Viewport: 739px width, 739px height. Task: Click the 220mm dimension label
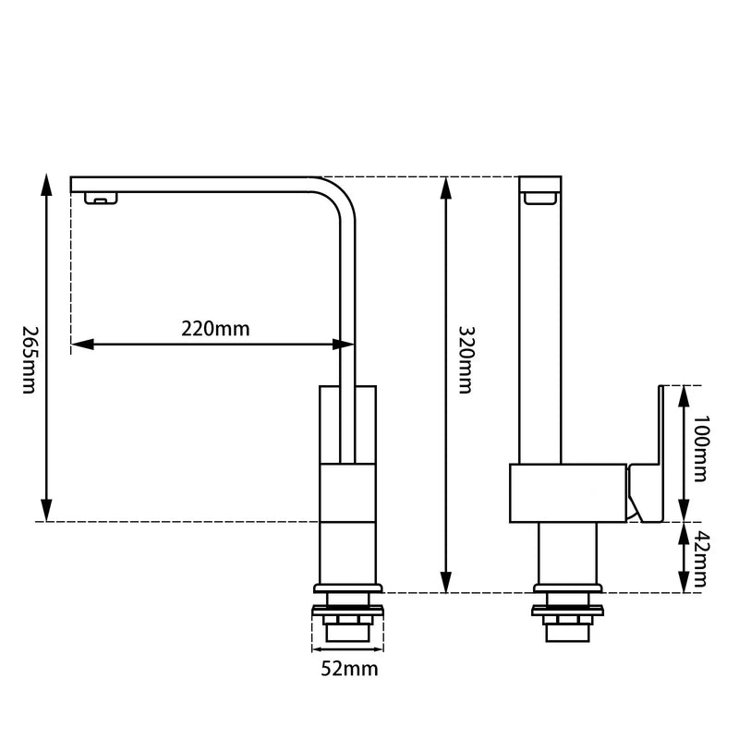(x=215, y=328)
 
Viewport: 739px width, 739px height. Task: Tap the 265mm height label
(x=27, y=359)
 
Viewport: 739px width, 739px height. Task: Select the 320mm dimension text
(x=466, y=359)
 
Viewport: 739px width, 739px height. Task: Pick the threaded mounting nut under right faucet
(x=567, y=624)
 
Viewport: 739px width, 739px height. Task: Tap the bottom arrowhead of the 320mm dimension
(x=446, y=584)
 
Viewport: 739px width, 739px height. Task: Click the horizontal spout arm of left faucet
(x=203, y=184)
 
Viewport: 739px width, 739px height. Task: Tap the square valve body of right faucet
(x=567, y=494)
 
